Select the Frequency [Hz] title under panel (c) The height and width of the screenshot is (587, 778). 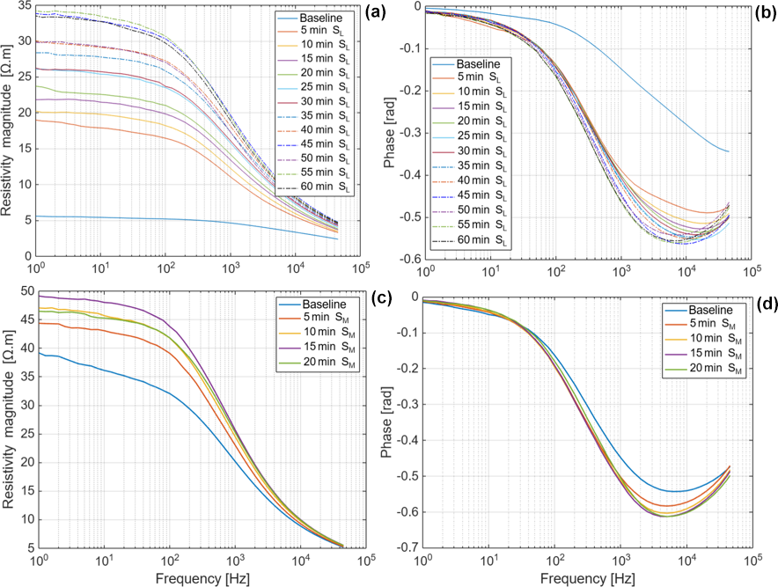[201, 578]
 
